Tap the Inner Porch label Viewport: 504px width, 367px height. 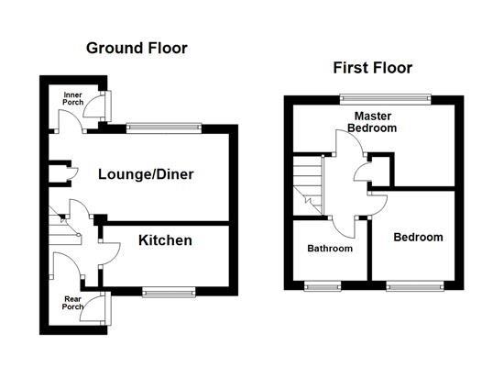tap(73, 98)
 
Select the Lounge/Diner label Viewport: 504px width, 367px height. tap(147, 174)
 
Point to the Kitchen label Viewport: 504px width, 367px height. tap(165, 240)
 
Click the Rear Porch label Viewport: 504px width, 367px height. tap(72, 302)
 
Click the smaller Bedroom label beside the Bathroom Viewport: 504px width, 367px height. tap(418, 238)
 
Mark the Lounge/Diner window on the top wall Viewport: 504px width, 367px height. tap(163, 128)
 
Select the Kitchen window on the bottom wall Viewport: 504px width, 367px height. tap(170, 292)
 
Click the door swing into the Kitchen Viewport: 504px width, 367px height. tap(108, 246)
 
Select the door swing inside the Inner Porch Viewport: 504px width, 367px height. tap(68, 120)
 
